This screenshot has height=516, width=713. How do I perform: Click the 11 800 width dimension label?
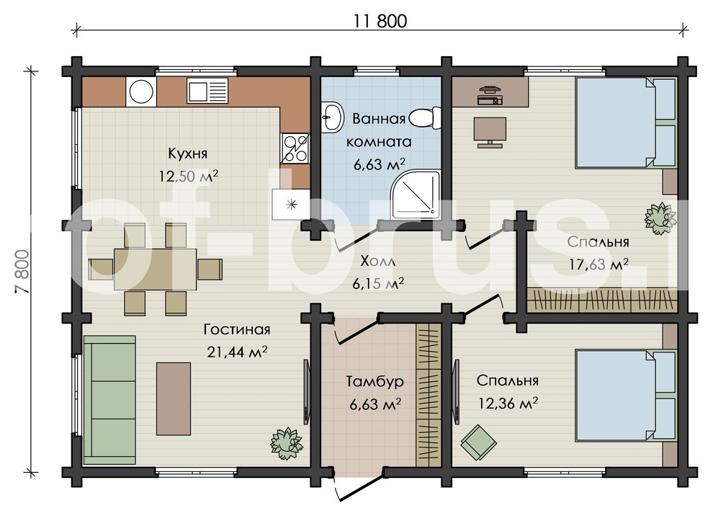coord(380,21)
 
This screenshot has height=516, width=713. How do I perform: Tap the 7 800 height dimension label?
coord(23,271)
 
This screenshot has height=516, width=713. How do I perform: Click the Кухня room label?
coord(188,154)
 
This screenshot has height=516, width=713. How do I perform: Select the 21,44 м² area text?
coord(236,352)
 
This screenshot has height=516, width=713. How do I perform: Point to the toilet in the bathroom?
coord(425,119)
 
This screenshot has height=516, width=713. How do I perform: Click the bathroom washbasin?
coord(332,117)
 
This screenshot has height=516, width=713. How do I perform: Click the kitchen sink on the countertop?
coord(207,90)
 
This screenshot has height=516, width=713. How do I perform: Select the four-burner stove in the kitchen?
coord(295,148)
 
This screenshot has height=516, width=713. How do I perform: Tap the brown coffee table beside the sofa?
coord(174,399)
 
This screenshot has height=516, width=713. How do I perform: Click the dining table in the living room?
coord(155,269)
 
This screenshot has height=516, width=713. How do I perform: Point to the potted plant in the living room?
coord(287,443)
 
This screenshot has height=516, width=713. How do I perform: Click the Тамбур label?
coord(375,381)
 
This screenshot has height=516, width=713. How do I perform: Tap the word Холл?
coord(377,262)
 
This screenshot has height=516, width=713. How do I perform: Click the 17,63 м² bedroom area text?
coord(599,264)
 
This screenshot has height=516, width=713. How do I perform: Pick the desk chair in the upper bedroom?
coord(490,132)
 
